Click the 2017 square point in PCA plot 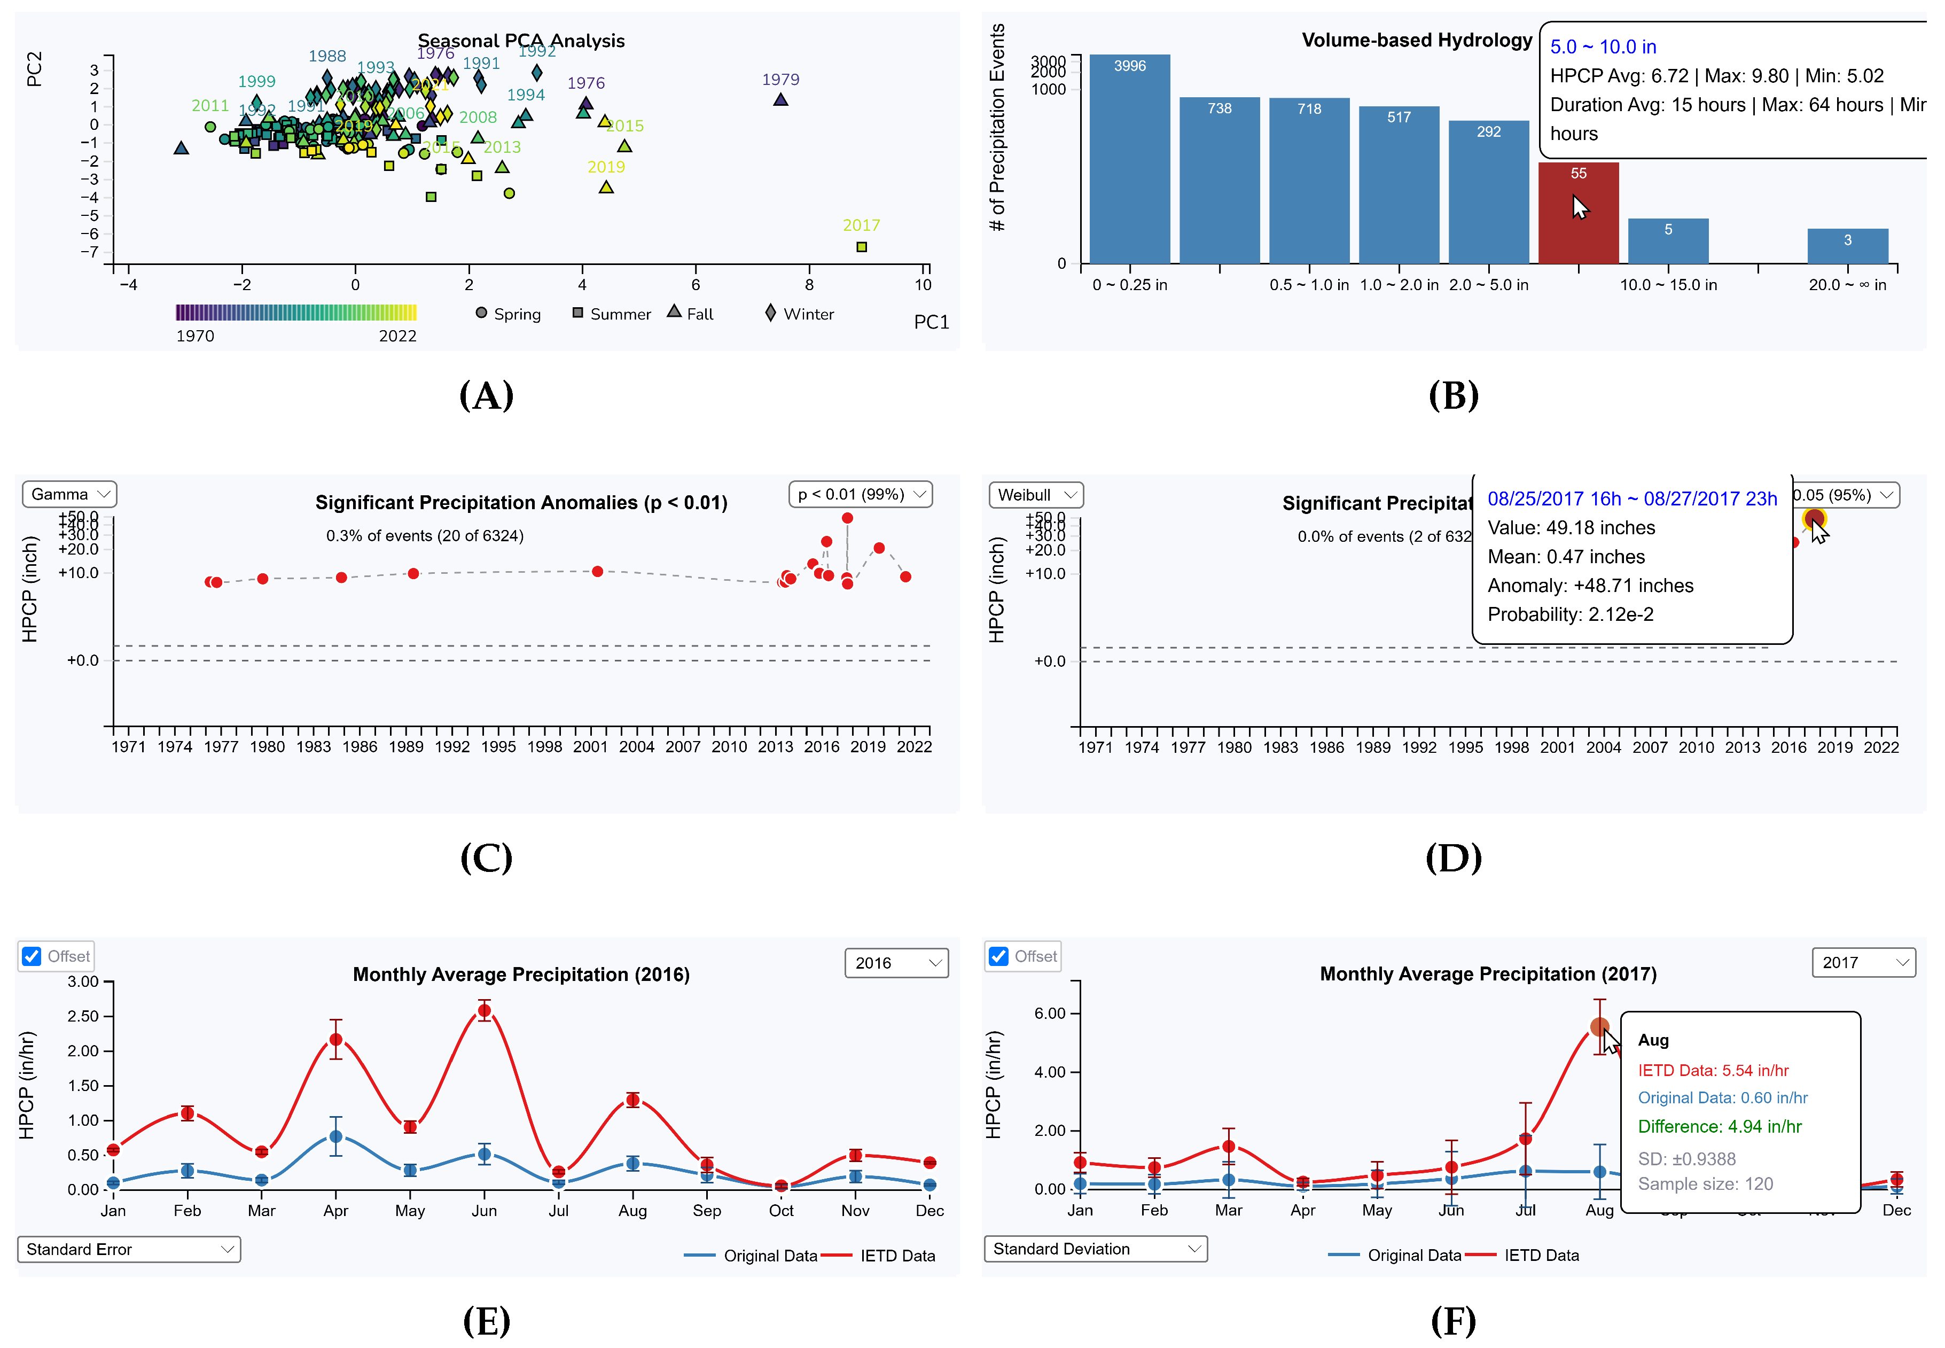click(x=862, y=247)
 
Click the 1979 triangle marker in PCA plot click(x=780, y=100)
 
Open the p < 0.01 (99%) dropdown click(x=860, y=494)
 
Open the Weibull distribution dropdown click(x=1035, y=495)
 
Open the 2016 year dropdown click(x=896, y=963)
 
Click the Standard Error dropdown click(x=128, y=1249)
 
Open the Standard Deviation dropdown click(x=1095, y=1248)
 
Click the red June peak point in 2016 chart click(x=484, y=1010)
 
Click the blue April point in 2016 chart click(x=335, y=1137)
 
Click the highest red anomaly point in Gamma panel click(x=847, y=518)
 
